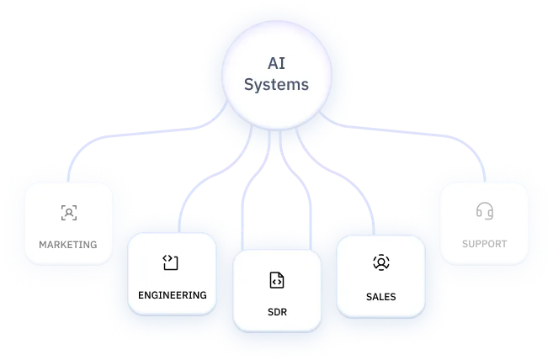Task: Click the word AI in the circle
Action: click(275, 62)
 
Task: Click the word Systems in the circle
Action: click(275, 84)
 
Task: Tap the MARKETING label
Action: click(68, 245)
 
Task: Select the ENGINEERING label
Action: click(172, 295)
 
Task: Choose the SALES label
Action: click(380, 297)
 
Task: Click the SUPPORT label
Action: click(484, 244)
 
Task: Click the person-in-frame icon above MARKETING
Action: click(68, 212)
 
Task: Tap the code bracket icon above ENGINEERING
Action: click(171, 263)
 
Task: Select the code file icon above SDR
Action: click(276, 280)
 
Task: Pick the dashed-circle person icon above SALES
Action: click(380, 262)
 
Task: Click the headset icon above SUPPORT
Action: click(484, 210)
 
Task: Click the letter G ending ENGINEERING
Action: click(202, 295)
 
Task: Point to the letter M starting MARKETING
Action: click(43, 245)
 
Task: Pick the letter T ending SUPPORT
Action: click(504, 244)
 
